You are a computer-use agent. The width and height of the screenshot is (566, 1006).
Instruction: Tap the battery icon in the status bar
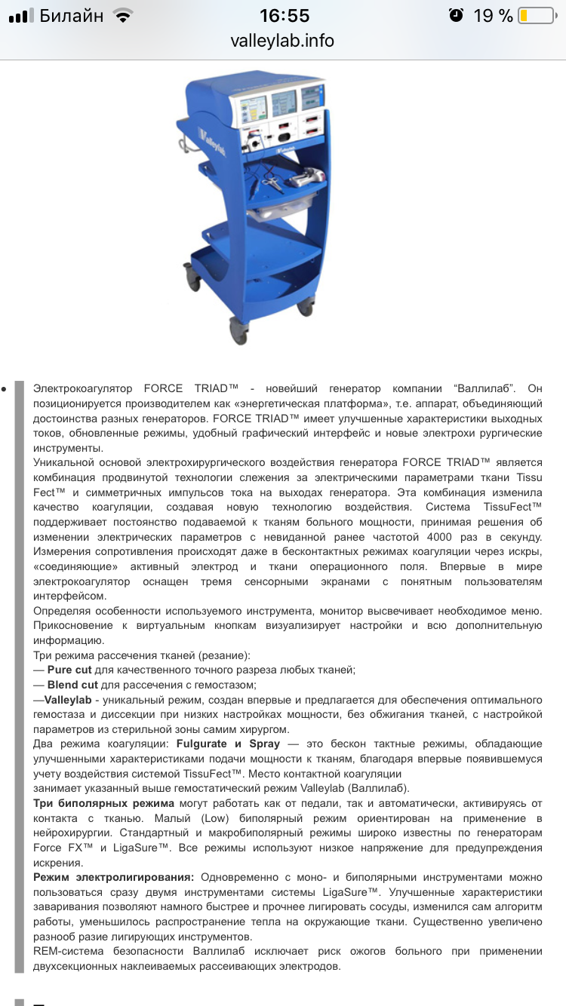pos(536,16)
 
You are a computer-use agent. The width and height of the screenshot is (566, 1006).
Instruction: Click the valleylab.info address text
pos(282,41)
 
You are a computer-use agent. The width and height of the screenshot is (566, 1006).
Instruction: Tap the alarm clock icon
pos(456,16)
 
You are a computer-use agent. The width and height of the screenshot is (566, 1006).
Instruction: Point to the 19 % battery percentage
pos(494,16)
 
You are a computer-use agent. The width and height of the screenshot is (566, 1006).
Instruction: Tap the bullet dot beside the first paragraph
pos(6,389)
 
